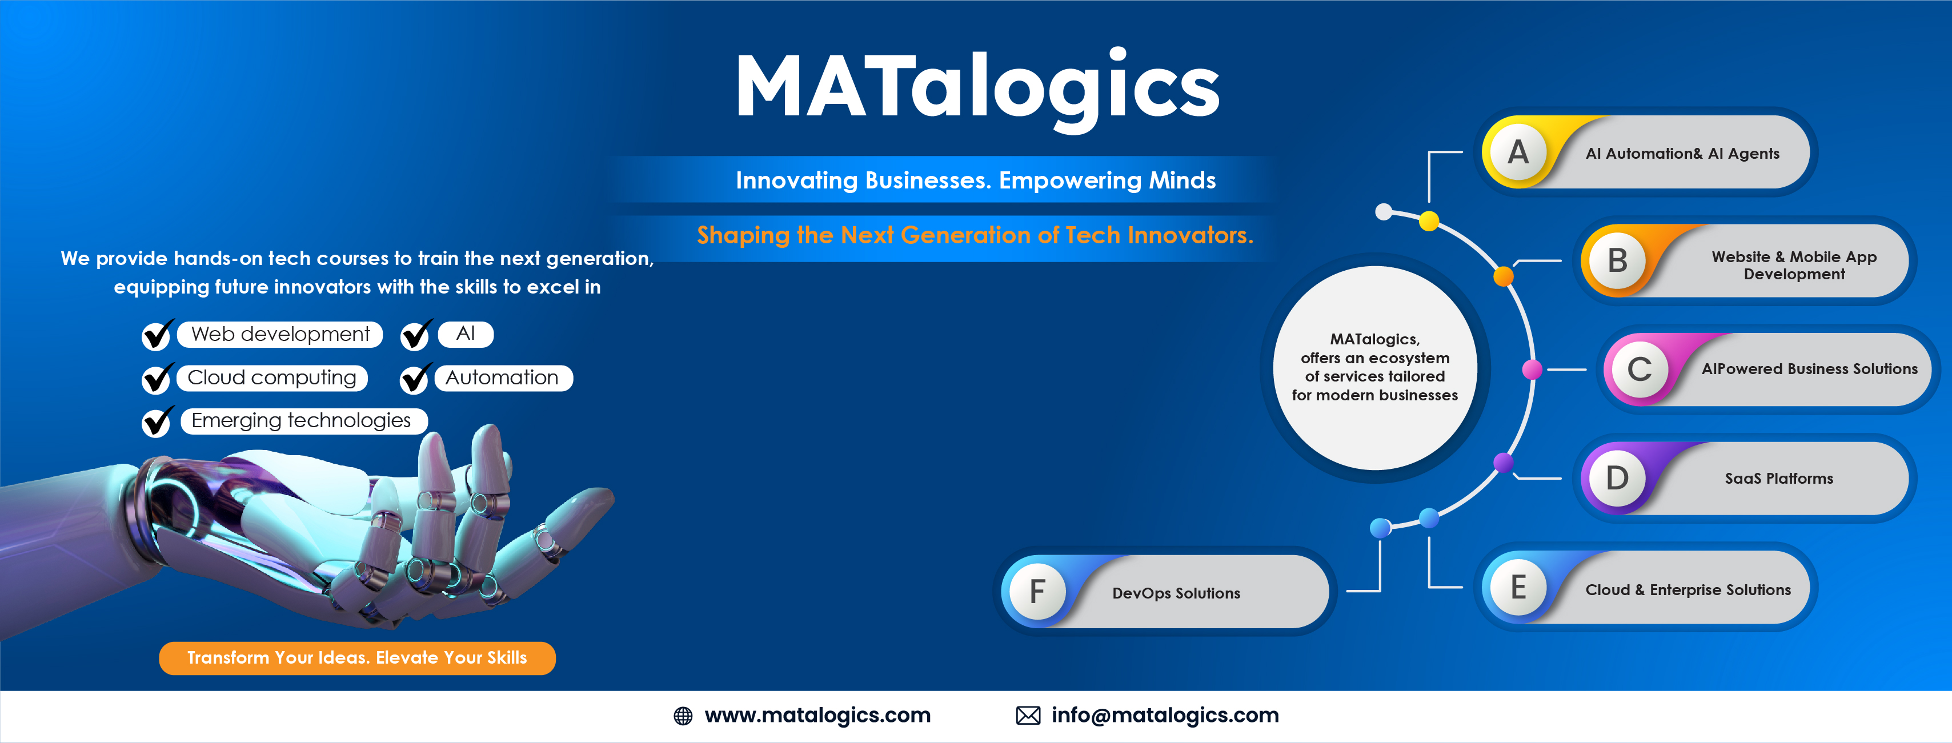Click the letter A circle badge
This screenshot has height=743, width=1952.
(x=1518, y=152)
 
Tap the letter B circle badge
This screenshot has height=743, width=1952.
(x=1617, y=260)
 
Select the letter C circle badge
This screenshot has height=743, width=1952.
(x=1639, y=370)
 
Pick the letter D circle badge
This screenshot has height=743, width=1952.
(x=1617, y=478)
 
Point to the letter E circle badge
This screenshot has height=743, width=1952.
(x=1518, y=587)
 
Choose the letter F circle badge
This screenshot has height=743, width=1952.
(x=1037, y=592)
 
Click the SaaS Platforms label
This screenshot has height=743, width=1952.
(x=1778, y=479)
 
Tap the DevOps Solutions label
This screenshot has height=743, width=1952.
(x=1175, y=593)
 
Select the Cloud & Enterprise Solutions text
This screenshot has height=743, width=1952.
(x=1688, y=589)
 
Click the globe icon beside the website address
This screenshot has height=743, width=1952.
(x=683, y=716)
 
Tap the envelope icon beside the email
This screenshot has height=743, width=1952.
(x=1028, y=716)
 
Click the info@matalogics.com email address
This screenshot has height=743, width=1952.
(x=1165, y=715)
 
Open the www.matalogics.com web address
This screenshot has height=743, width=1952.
(x=817, y=715)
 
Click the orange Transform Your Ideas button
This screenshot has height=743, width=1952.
(x=357, y=657)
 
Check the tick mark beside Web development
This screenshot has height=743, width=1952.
(x=157, y=334)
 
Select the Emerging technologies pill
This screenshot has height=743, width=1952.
(x=302, y=420)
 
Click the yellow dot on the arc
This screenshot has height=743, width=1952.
(x=1428, y=220)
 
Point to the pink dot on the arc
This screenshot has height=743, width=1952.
(x=1532, y=370)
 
